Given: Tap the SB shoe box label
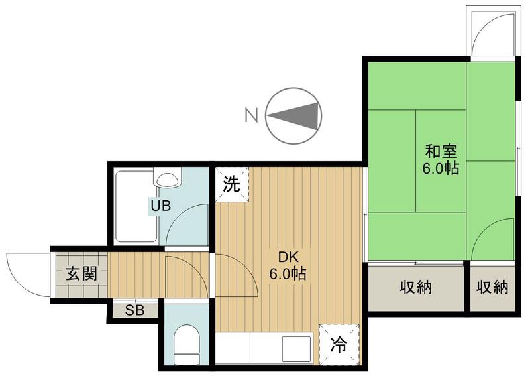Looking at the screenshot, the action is click(x=135, y=310).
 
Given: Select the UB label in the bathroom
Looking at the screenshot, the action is click(x=160, y=206).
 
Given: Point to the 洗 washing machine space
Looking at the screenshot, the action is click(x=232, y=184).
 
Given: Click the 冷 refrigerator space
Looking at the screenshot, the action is click(x=339, y=344).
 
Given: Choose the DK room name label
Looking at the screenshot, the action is click(x=288, y=257).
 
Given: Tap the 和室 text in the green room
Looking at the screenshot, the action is click(x=441, y=151).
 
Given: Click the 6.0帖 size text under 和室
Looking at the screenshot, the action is click(x=441, y=168).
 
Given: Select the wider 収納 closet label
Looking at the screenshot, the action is click(x=416, y=288).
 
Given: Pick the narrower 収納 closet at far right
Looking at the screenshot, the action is click(x=492, y=288).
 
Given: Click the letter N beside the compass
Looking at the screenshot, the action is click(x=251, y=115).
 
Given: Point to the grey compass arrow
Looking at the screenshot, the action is click(x=293, y=116).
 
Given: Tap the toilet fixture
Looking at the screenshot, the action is click(x=187, y=345).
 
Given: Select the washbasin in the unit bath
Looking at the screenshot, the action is click(x=168, y=178).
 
